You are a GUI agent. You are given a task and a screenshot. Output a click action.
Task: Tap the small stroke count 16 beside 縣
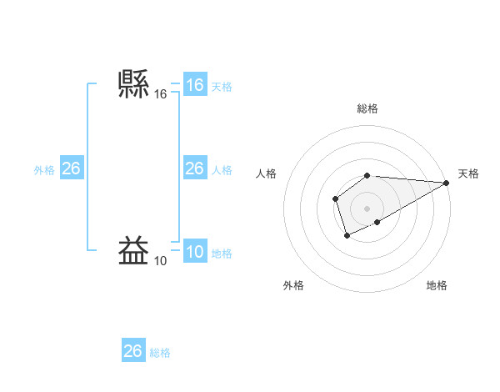pos(161,95)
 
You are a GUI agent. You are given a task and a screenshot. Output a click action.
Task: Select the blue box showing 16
pos(195,85)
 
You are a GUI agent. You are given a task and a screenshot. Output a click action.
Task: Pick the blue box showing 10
pos(195,253)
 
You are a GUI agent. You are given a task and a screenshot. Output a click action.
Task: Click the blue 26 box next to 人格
pos(195,168)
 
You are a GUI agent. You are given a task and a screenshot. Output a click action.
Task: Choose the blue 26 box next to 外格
pos(71,168)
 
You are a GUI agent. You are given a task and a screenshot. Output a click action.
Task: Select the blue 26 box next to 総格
pos(133,350)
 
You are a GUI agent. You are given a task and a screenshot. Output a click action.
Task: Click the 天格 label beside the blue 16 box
pos(222,87)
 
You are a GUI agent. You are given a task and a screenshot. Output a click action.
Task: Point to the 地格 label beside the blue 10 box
pos(222,254)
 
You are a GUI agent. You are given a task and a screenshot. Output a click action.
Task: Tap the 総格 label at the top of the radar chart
pos(367,108)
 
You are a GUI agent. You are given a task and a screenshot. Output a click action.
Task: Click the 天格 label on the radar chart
pos(468,173)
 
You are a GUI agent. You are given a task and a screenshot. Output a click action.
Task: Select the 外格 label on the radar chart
pos(293,285)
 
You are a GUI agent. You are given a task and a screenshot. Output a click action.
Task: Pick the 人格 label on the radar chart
pos(267,173)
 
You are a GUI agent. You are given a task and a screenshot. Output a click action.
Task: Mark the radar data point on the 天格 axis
pos(447,183)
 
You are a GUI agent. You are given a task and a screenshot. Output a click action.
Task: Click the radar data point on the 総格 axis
pos(367,175)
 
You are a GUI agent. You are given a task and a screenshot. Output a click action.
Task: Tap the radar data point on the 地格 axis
pos(377,222)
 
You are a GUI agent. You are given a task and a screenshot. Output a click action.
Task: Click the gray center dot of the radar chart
pos(367,209)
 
